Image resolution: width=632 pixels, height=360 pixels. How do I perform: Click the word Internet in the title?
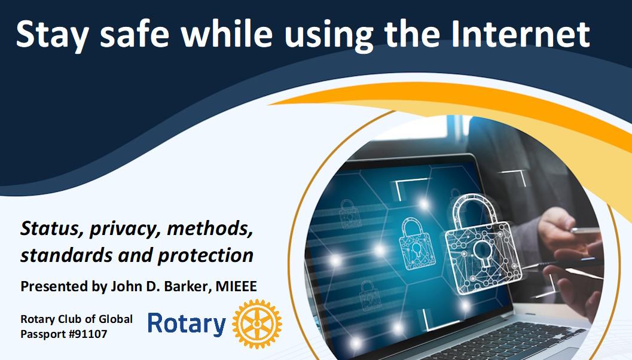point(520,34)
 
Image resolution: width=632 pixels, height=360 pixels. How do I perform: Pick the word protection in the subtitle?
point(206,256)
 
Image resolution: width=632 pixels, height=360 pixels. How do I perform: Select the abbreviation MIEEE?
point(236,286)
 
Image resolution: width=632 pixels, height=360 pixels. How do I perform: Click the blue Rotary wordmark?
point(187,324)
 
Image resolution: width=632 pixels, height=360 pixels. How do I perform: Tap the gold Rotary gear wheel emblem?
point(257,324)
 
